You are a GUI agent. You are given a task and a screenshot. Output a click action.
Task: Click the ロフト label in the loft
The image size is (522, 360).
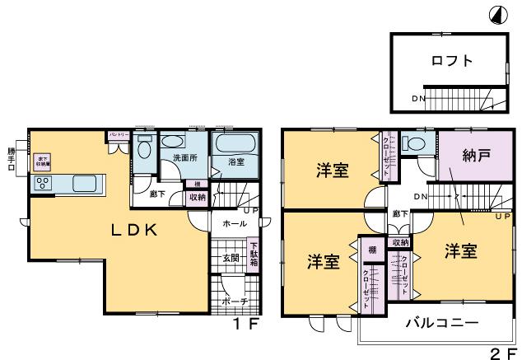[451, 60]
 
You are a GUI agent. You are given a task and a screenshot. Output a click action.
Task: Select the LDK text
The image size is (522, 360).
[134, 231]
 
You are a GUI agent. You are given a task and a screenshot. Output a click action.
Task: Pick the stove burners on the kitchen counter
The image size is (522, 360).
[42, 184]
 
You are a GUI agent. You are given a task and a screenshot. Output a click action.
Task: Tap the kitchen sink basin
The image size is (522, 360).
[85, 183]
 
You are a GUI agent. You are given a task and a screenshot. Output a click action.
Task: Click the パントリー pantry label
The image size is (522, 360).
[117, 134]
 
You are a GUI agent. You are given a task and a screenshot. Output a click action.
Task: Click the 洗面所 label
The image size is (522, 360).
[184, 158]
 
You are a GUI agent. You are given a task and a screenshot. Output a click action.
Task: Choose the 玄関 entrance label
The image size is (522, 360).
[231, 259]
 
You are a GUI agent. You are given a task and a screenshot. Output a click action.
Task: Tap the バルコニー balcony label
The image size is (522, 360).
[441, 323]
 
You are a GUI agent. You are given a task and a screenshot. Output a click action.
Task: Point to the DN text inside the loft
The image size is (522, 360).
[419, 100]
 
